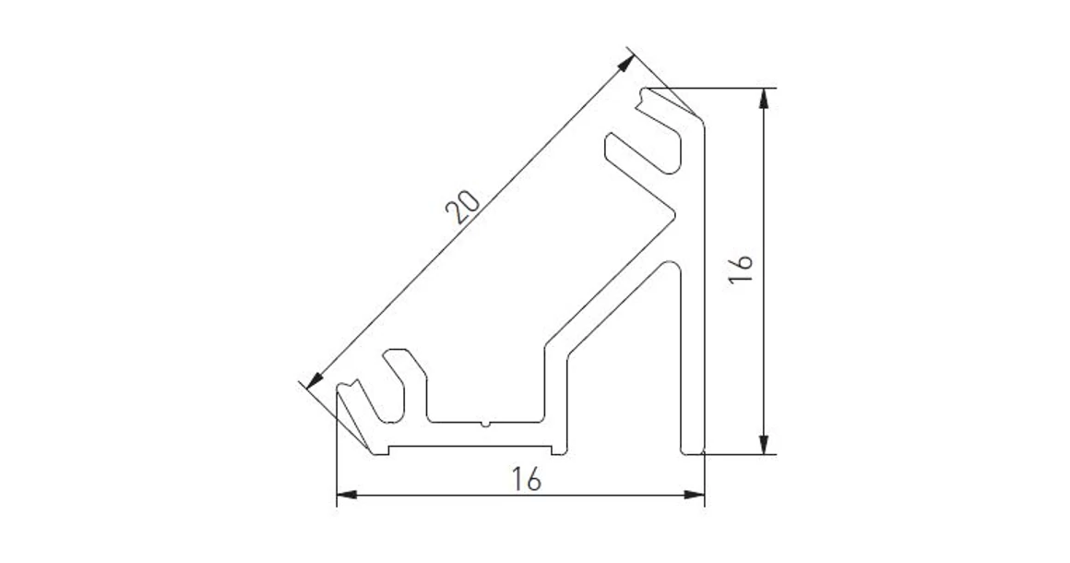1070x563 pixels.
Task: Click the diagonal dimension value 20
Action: click(461, 209)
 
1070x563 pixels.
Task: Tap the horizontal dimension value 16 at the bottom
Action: click(525, 479)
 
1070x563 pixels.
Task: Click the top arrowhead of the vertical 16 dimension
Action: click(764, 98)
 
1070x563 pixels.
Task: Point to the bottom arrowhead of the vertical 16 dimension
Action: click(764, 445)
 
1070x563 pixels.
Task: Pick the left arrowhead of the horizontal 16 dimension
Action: click(346, 497)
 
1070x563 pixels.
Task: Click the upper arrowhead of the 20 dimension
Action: click(626, 63)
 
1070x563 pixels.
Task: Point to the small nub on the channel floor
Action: click(483, 425)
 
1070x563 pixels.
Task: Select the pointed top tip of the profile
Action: click(646, 90)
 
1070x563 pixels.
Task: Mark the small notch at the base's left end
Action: click(389, 451)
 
